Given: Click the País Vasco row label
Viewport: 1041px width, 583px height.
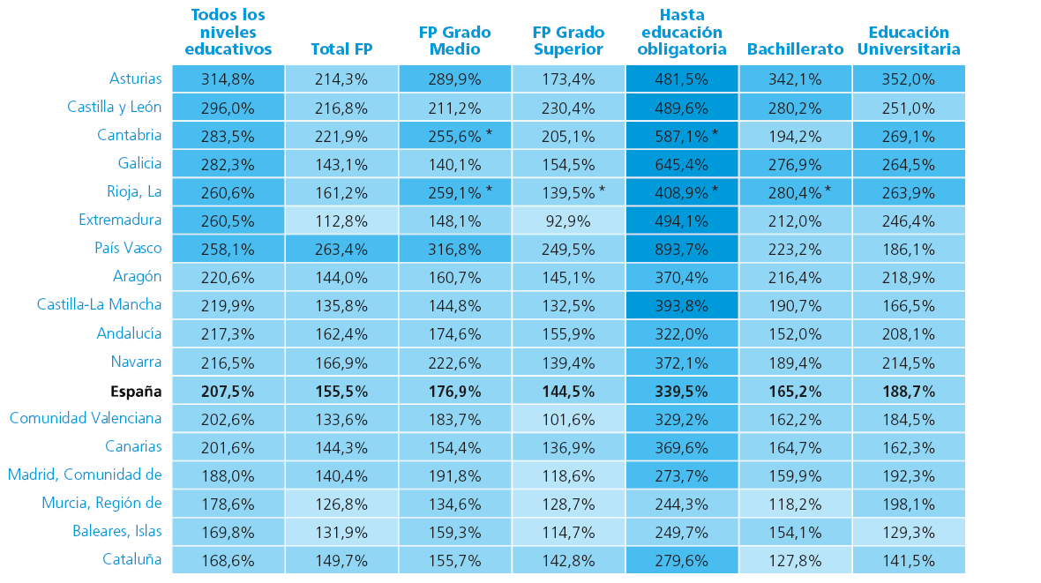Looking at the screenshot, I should tap(128, 248).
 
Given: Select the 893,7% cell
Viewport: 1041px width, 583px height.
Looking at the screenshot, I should tap(681, 248).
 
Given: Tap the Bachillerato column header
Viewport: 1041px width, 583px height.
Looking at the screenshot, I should tap(795, 49).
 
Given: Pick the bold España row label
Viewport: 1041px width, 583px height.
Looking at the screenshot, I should tap(136, 391).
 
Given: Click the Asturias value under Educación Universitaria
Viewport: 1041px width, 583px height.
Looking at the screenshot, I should tap(908, 78).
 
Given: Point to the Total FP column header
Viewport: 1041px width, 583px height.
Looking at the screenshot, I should tap(341, 49).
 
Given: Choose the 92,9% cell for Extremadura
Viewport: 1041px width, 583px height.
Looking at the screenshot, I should tap(568, 220).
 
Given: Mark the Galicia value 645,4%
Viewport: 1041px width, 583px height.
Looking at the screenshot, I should tap(681, 163).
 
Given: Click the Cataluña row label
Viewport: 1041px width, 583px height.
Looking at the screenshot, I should tap(131, 558).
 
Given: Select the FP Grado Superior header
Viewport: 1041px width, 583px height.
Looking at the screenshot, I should tap(568, 41).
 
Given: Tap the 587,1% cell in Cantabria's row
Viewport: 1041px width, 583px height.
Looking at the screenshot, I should tap(681, 135).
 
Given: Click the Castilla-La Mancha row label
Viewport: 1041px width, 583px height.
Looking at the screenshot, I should tap(99, 304).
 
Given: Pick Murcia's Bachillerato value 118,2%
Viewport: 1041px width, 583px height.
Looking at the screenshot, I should tap(795, 504).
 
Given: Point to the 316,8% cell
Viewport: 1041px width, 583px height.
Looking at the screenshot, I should tap(454, 248).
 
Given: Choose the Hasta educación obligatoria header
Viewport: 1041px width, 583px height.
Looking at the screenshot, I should tap(681, 33).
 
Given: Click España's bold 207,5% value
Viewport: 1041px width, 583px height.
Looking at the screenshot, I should tap(228, 391).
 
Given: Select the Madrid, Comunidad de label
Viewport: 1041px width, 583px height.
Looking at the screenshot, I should tap(85, 475).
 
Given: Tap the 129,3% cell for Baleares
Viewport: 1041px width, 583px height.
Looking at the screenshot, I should tap(908, 532).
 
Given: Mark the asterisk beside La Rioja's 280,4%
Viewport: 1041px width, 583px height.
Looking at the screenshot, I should tap(828, 190).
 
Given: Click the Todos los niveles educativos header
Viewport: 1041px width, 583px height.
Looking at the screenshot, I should tap(228, 33).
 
